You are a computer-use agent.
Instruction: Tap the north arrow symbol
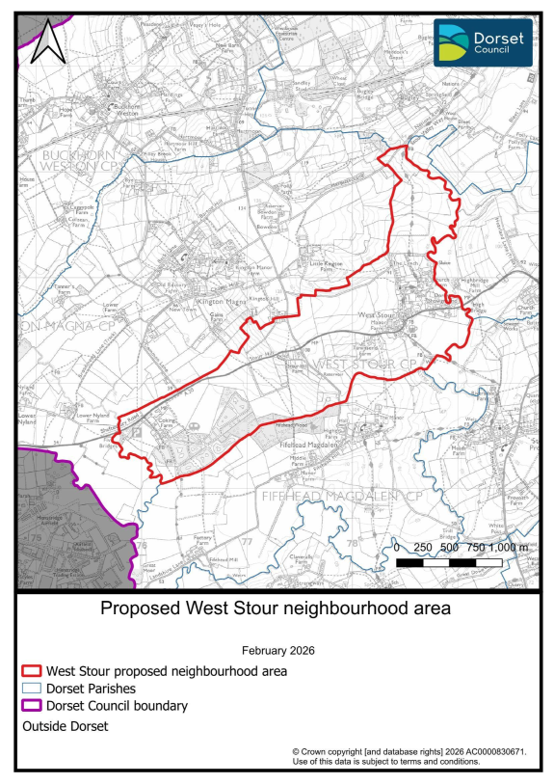point(46,43)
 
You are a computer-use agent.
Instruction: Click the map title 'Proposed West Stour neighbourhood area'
point(277,609)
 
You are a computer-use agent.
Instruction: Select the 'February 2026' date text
point(277,650)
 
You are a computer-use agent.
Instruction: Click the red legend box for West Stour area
point(33,670)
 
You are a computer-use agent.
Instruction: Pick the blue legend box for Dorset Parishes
point(33,689)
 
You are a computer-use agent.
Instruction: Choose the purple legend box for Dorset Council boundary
point(33,707)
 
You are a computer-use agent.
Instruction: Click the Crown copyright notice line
point(409,750)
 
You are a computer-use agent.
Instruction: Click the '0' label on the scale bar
point(398,547)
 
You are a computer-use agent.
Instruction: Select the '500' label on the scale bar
point(449,547)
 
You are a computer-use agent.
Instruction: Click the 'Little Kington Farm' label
point(327,265)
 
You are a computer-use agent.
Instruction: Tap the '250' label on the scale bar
point(423,547)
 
